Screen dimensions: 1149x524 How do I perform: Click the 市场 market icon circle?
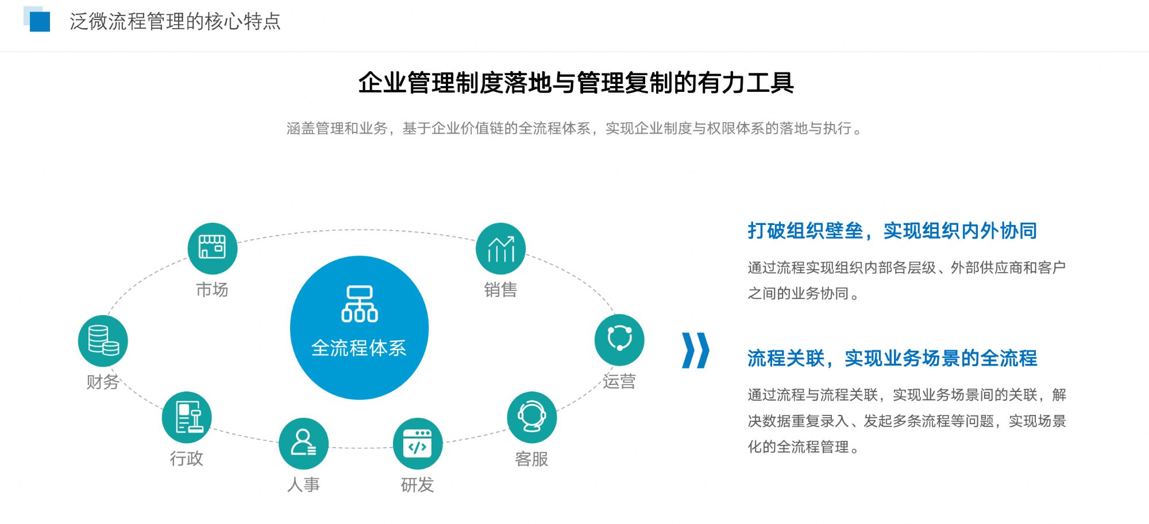click(x=213, y=248)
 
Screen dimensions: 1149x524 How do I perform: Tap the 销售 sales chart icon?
click(x=501, y=248)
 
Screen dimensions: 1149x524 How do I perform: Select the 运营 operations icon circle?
click(x=619, y=340)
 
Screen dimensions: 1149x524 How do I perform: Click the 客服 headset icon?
click(x=532, y=417)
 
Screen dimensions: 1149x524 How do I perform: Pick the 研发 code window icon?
click(x=418, y=444)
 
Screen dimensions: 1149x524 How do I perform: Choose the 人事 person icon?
click(x=303, y=444)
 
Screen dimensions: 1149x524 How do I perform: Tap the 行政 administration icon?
click(x=187, y=417)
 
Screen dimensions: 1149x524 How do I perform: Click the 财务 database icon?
click(x=103, y=341)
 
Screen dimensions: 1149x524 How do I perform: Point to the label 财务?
click(x=103, y=382)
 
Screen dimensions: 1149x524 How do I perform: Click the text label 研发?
click(x=418, y=485)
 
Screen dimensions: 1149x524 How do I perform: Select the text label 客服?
click(x=532, y=459)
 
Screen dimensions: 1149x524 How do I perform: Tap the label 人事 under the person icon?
click(x=303, y=485)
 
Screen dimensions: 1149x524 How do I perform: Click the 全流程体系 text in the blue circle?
click(x=359, y=348)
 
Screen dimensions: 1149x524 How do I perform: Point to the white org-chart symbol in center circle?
click(x=360, y=304)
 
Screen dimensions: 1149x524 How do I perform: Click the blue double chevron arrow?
click(x=695, y=350)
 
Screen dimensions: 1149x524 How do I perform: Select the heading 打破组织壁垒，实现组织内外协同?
click(x=892, y=231)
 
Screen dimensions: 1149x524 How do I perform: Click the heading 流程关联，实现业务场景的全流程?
click(x=892, y=358)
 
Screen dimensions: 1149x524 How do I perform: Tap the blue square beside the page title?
click(x=39, y=21)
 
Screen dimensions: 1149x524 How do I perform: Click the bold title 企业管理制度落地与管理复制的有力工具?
click(x=576, y=83)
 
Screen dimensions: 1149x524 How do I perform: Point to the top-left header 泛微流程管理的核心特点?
click(x=175, y=22)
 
